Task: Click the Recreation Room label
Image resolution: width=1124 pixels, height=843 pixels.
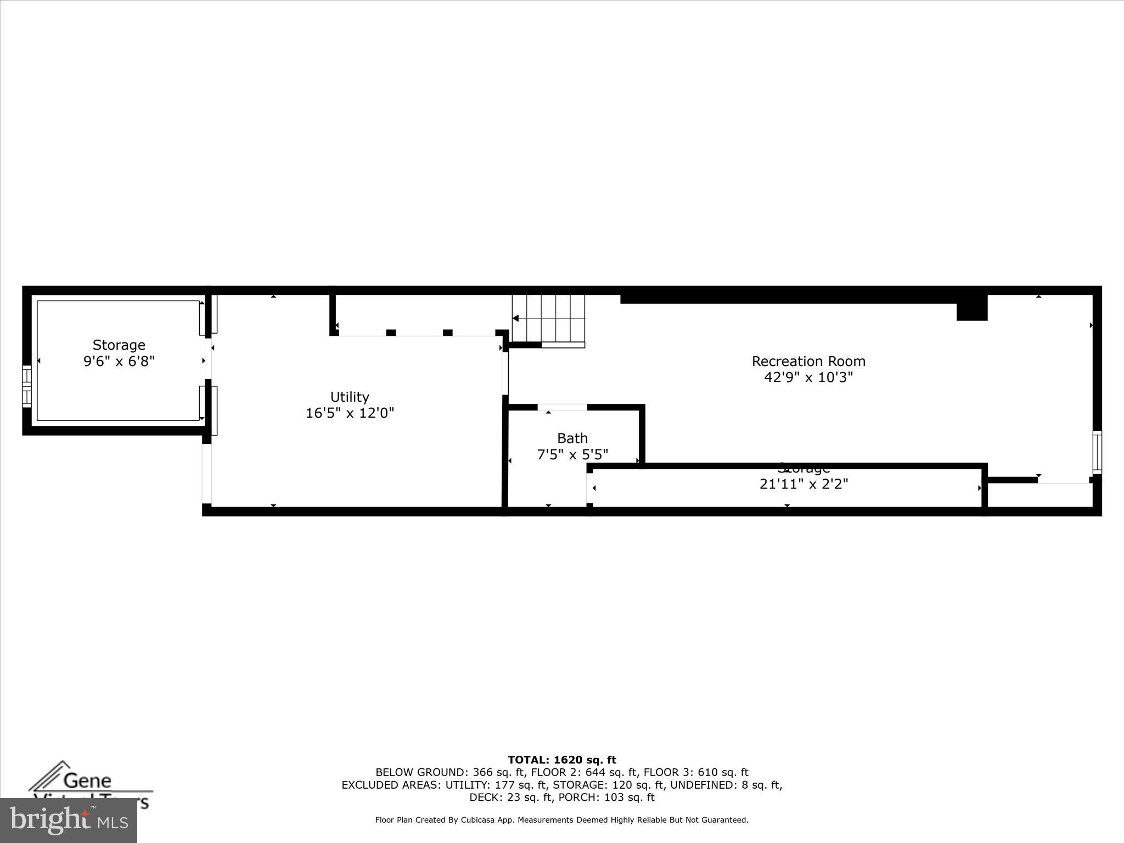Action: [x=808, y=361]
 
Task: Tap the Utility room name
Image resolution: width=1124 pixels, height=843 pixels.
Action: [x=350, y=397]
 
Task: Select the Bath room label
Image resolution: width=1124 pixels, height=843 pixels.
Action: [x=572, y=438]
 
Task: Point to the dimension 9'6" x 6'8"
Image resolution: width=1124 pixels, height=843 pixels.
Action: [x=119, y=361]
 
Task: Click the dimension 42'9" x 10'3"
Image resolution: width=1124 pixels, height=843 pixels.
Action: [x=808, y=377]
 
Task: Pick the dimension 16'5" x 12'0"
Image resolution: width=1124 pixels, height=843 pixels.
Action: [x=350, y=413]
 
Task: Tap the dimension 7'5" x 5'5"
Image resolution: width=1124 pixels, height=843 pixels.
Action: [x=572, y=454]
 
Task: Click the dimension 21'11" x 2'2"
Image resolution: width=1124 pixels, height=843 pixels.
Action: [x=803, y=484]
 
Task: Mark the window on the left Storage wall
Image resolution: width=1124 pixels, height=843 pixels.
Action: [x=26, y=387]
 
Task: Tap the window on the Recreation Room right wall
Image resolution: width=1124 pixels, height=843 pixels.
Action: [x=1097, y=452]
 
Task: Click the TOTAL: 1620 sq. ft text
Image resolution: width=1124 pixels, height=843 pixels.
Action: [x=561, y=760]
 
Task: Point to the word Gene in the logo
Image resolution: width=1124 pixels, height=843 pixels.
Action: [x=88, y=780]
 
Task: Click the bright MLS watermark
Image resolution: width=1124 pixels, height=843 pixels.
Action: [x=69, y=820]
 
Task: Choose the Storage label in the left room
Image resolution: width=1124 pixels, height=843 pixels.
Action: [x=119, y=345]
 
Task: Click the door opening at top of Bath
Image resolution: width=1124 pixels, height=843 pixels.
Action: [x=562, y=407]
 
